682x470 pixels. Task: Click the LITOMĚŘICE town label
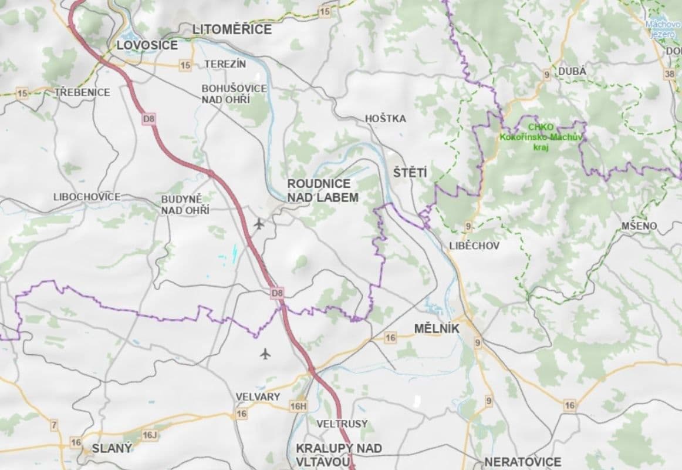point(232,29)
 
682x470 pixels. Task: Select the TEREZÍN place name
point(225,63)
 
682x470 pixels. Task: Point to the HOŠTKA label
point(385,119)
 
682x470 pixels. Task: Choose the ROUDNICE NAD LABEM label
point(322,190)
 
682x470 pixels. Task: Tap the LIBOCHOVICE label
point(87,196)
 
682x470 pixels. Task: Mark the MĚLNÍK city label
point(437,329)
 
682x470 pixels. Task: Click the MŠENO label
point(639,226)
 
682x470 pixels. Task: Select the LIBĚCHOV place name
point(474,246)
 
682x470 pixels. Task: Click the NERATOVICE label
point(522,462)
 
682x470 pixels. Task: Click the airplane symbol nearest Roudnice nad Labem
point(259,223)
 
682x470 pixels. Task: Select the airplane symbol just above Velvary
point(265,353)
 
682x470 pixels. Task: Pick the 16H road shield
point(298,406)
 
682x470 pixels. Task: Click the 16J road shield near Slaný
point(150,435)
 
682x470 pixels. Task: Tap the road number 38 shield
point(669,74)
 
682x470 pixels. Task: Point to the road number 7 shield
point(55,425)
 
